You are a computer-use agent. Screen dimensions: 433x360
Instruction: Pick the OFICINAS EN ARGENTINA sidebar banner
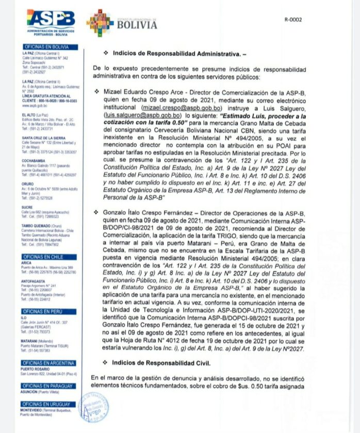click(45, 363)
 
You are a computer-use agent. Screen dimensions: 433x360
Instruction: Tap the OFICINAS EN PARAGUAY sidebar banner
click(45, 386)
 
